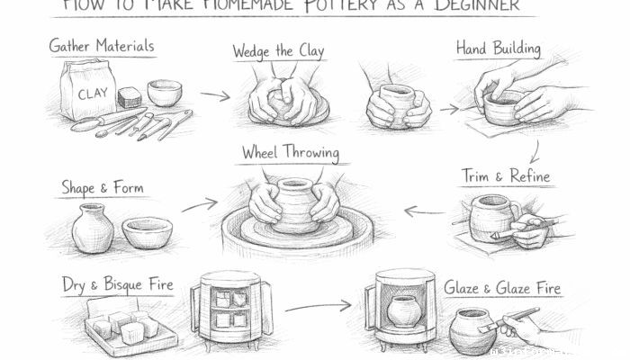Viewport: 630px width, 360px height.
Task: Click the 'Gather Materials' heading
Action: (101, 46)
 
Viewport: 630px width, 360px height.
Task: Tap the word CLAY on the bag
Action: (92, 93)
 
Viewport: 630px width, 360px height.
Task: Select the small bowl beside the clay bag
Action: (164, 93)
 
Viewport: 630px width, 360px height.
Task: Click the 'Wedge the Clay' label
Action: (278, 51)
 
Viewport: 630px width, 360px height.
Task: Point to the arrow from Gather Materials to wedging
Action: (214, 94)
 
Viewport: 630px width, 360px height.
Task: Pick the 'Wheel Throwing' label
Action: (290, 153)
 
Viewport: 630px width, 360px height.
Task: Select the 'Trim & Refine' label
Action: (505, 175)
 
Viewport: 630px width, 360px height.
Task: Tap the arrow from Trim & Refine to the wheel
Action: (424, 211)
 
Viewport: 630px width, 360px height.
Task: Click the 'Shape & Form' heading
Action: (102, 188)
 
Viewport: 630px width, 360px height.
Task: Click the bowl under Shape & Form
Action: (148, 233)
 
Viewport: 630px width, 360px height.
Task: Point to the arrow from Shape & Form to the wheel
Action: (199, 204)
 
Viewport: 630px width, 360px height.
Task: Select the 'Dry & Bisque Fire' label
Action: (117, 285)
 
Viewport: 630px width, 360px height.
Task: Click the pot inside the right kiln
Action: (402, 311)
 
